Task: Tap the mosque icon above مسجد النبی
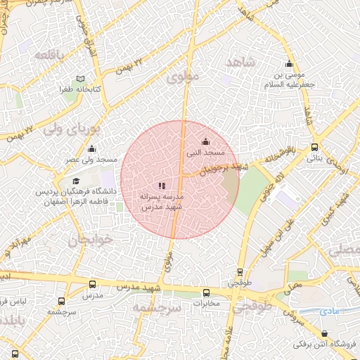tap(205, 141)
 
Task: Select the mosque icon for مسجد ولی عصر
tap(91, 149)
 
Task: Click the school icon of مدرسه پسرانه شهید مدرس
tap(161, 186)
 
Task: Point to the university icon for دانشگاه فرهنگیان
tap(75, 181)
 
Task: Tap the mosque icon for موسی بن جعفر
tap(289, 65)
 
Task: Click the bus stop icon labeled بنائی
tap(314, 148)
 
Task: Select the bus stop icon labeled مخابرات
tap(206, 293)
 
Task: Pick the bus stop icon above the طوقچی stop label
tap(240, 272)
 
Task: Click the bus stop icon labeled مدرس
tap(93, 285)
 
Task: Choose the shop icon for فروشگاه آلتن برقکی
tap(323, 334)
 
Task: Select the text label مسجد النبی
tap(205, 152)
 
